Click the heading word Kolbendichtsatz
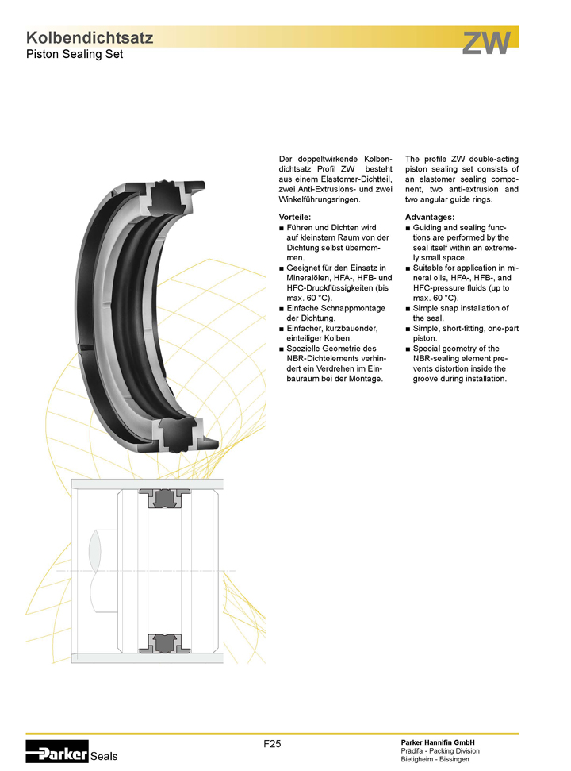90,38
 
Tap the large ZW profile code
486,43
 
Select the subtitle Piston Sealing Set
74,54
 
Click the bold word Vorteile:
294,217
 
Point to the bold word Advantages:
430,217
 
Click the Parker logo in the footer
57,751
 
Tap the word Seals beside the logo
104,756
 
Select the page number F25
272,744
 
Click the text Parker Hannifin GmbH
438,742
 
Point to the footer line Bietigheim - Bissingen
435,759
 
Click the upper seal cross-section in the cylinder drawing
164,498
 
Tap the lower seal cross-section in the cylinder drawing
164,644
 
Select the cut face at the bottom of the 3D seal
182,434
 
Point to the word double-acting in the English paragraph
493,160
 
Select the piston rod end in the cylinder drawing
102,571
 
